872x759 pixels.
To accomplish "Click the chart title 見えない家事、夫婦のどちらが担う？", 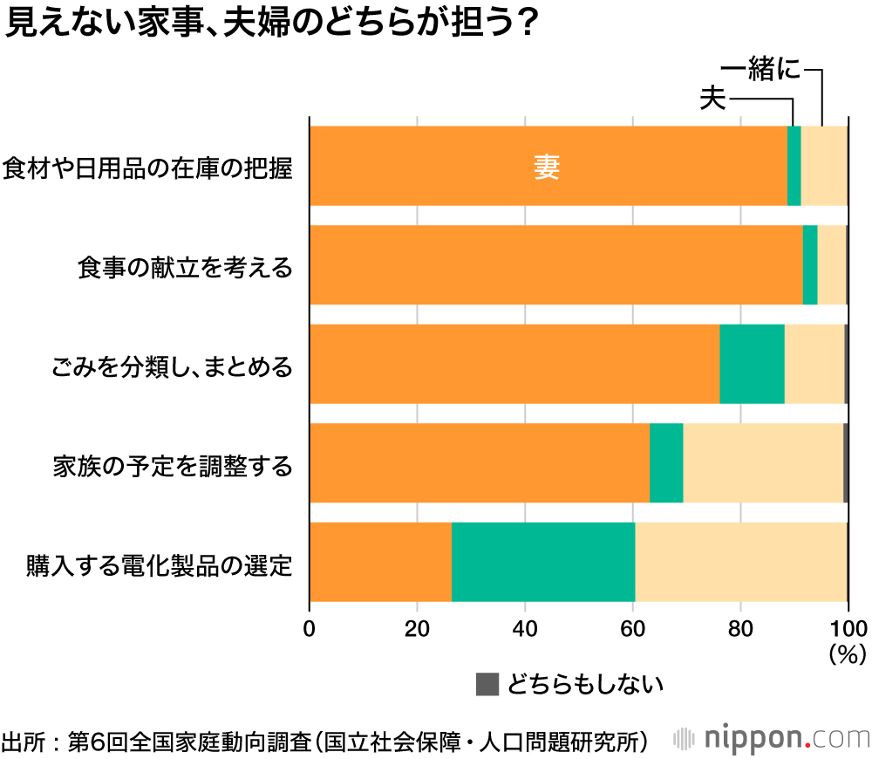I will click(x=270, y=24).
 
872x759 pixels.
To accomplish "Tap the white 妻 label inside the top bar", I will click(x=547, y=167).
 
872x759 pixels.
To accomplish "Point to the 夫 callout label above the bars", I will click(x=713, y=99).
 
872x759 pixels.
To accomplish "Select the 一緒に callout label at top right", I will click(x=761, y=70).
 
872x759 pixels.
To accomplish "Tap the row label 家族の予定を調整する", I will click(x=172, y=465).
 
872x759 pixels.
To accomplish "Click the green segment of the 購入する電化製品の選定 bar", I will click(x=543, y=562).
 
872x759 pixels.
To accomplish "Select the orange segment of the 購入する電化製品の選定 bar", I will click(x=380, y=562).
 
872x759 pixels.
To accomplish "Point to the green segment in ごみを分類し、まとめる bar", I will click(x=752, y=364).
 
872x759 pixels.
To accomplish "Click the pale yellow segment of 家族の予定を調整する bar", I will click(x=763, y=463).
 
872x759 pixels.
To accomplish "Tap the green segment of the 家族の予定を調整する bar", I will click(x=666, y=463).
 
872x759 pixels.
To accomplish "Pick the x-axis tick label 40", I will click(x=525, y=628).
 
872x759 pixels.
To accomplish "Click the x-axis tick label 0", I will click(x=310, y=628).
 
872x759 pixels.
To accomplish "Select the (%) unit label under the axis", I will click(x=846, y=651).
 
